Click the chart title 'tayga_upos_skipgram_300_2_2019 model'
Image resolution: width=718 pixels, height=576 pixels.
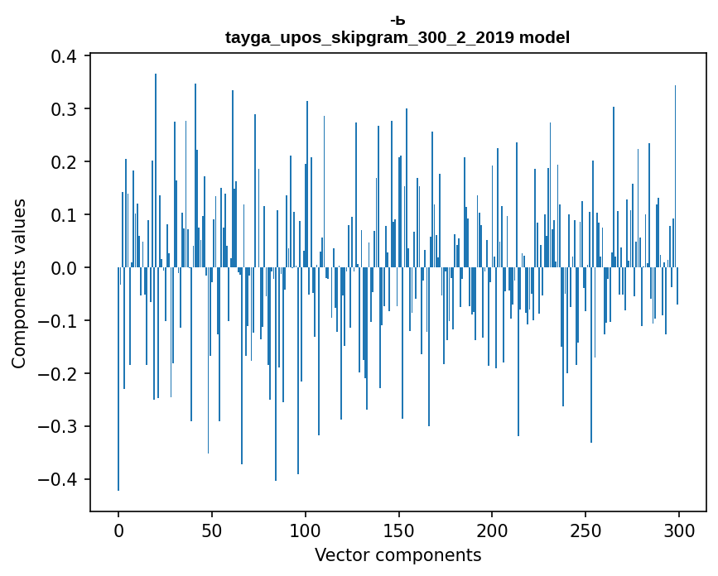(398, 37)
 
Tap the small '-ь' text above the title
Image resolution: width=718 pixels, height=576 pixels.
(398, 20)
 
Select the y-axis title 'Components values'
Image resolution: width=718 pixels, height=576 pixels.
(19, 283)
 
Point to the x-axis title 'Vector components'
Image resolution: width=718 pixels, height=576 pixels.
(398, 554)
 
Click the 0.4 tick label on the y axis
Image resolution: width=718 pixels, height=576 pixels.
(63, 56)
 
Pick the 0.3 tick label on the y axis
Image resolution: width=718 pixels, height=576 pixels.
(63, 109)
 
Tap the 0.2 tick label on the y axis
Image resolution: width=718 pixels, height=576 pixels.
(63, 162)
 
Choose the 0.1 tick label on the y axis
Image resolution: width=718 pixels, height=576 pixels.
(63, 215)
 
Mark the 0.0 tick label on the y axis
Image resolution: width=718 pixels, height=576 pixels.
(63, 268)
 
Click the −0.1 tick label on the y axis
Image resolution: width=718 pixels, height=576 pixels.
(58, 321)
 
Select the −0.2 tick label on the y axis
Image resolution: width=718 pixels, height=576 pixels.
(58, 374)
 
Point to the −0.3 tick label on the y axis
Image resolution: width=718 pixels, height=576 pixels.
(58, 427)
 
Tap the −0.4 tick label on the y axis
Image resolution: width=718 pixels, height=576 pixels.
(58, 480)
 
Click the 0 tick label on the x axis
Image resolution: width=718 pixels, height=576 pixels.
(118, 529)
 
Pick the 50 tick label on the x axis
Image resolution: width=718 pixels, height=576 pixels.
(212, 529)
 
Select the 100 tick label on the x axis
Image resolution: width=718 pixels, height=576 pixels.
(306, 529)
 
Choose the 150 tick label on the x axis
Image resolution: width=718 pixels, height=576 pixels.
(398, 529)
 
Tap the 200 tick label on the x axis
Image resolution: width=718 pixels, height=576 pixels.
(492, 529)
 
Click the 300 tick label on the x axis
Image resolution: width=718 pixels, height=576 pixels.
(678, 529)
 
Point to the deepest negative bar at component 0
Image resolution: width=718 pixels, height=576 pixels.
(118, 414)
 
